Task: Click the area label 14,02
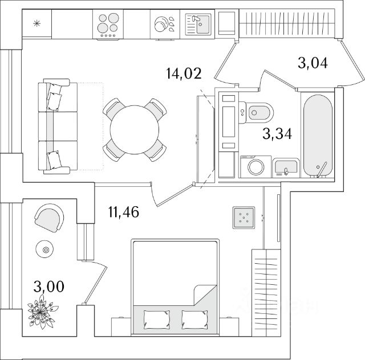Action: click(x=184, y=73)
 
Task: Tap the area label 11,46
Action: click(x=124, y=212)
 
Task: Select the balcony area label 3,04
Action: click(x=313, y=63)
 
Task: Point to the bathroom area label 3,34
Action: click(x=277, y=134)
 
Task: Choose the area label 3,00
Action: click(x=48, y=287)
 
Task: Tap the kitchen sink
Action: click(x=198, y=24)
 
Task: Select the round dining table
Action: click(x=135, y=129)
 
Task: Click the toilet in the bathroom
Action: click(x=255, y=113)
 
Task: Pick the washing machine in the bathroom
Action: click(x=255, y=167)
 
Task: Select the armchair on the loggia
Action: click(x=50, y=218)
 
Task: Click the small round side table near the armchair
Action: click(x=44, y=249)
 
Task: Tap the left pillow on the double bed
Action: click(x=157, y=320)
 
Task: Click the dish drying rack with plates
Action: click(x=165, y=24)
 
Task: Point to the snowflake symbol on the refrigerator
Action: click(x=36, y=23)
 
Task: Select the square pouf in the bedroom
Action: click(x=244, y=218)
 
